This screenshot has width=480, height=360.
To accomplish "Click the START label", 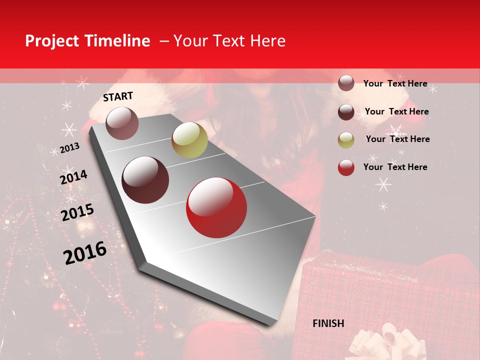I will (118, 96).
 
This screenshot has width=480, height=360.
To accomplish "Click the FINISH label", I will (328, 323).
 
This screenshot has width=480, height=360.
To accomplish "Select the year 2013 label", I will (70, 148).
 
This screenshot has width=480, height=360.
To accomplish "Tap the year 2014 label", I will (73, 177).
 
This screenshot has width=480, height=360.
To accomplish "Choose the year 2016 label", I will (85, 253).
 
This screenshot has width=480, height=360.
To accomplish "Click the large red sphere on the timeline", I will (216, 207).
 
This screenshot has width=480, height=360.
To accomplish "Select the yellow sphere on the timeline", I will (189, 140).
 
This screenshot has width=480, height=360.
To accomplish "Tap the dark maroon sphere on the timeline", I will (145, 180).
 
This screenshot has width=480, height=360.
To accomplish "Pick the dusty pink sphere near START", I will (122, 123).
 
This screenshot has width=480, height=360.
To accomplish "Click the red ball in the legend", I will (346, 167).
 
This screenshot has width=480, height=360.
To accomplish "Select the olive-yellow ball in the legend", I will (346, 140).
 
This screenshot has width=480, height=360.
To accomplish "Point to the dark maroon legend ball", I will (346, 112).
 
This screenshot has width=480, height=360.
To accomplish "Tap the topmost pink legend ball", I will (346, 83).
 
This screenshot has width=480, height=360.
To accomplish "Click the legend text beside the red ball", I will (395, 167).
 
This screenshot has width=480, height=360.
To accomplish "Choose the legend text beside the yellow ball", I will (397, 139).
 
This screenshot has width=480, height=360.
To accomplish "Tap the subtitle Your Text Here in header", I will (229, 41).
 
